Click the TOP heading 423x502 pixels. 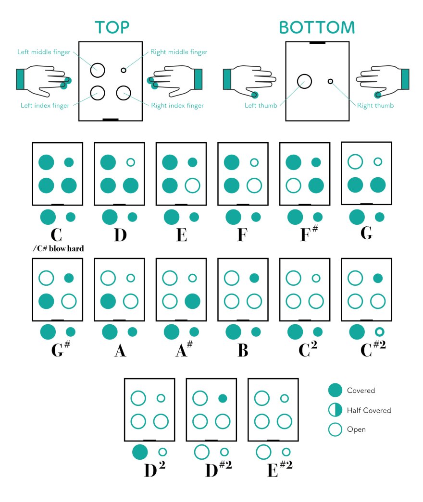[112, 27]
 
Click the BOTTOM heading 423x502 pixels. [317, 28]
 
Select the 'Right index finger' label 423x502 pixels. [177, 105]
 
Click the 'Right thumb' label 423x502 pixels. [375, 106]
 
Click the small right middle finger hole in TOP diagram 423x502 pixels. [124, 70]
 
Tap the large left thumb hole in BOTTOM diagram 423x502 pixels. [304, 82]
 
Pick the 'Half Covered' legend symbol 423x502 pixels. [335, 410]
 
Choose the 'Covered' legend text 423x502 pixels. [361, 391]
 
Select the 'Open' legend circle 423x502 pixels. [335, 429]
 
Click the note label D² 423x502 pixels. [154, 470]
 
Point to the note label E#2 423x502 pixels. [278, 470]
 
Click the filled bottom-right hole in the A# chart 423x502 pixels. [192, 301]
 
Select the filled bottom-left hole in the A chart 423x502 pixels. [108, 301]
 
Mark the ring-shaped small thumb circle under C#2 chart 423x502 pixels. [379, 331]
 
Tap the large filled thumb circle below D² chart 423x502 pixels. [139, 452]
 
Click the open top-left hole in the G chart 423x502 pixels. [355, 161]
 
